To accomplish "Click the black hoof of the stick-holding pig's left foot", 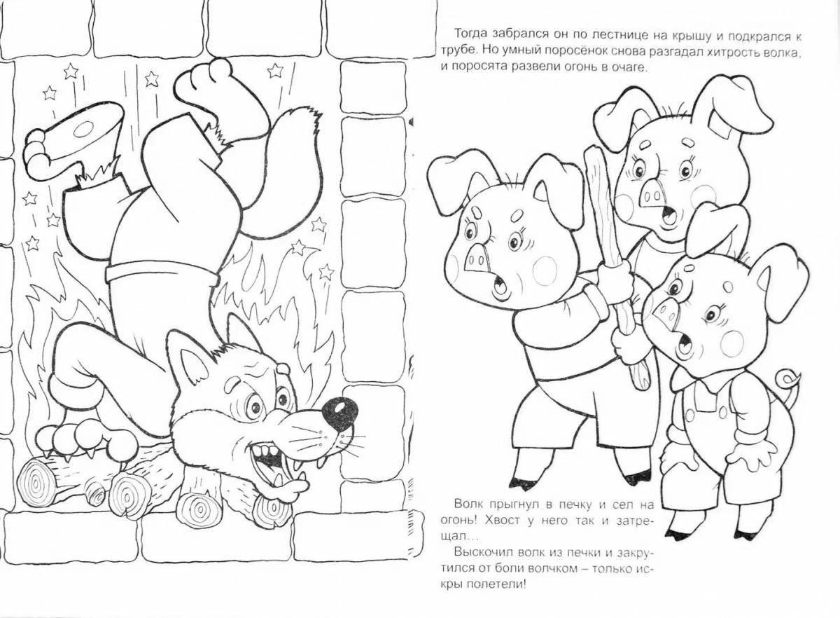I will point(521,483).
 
